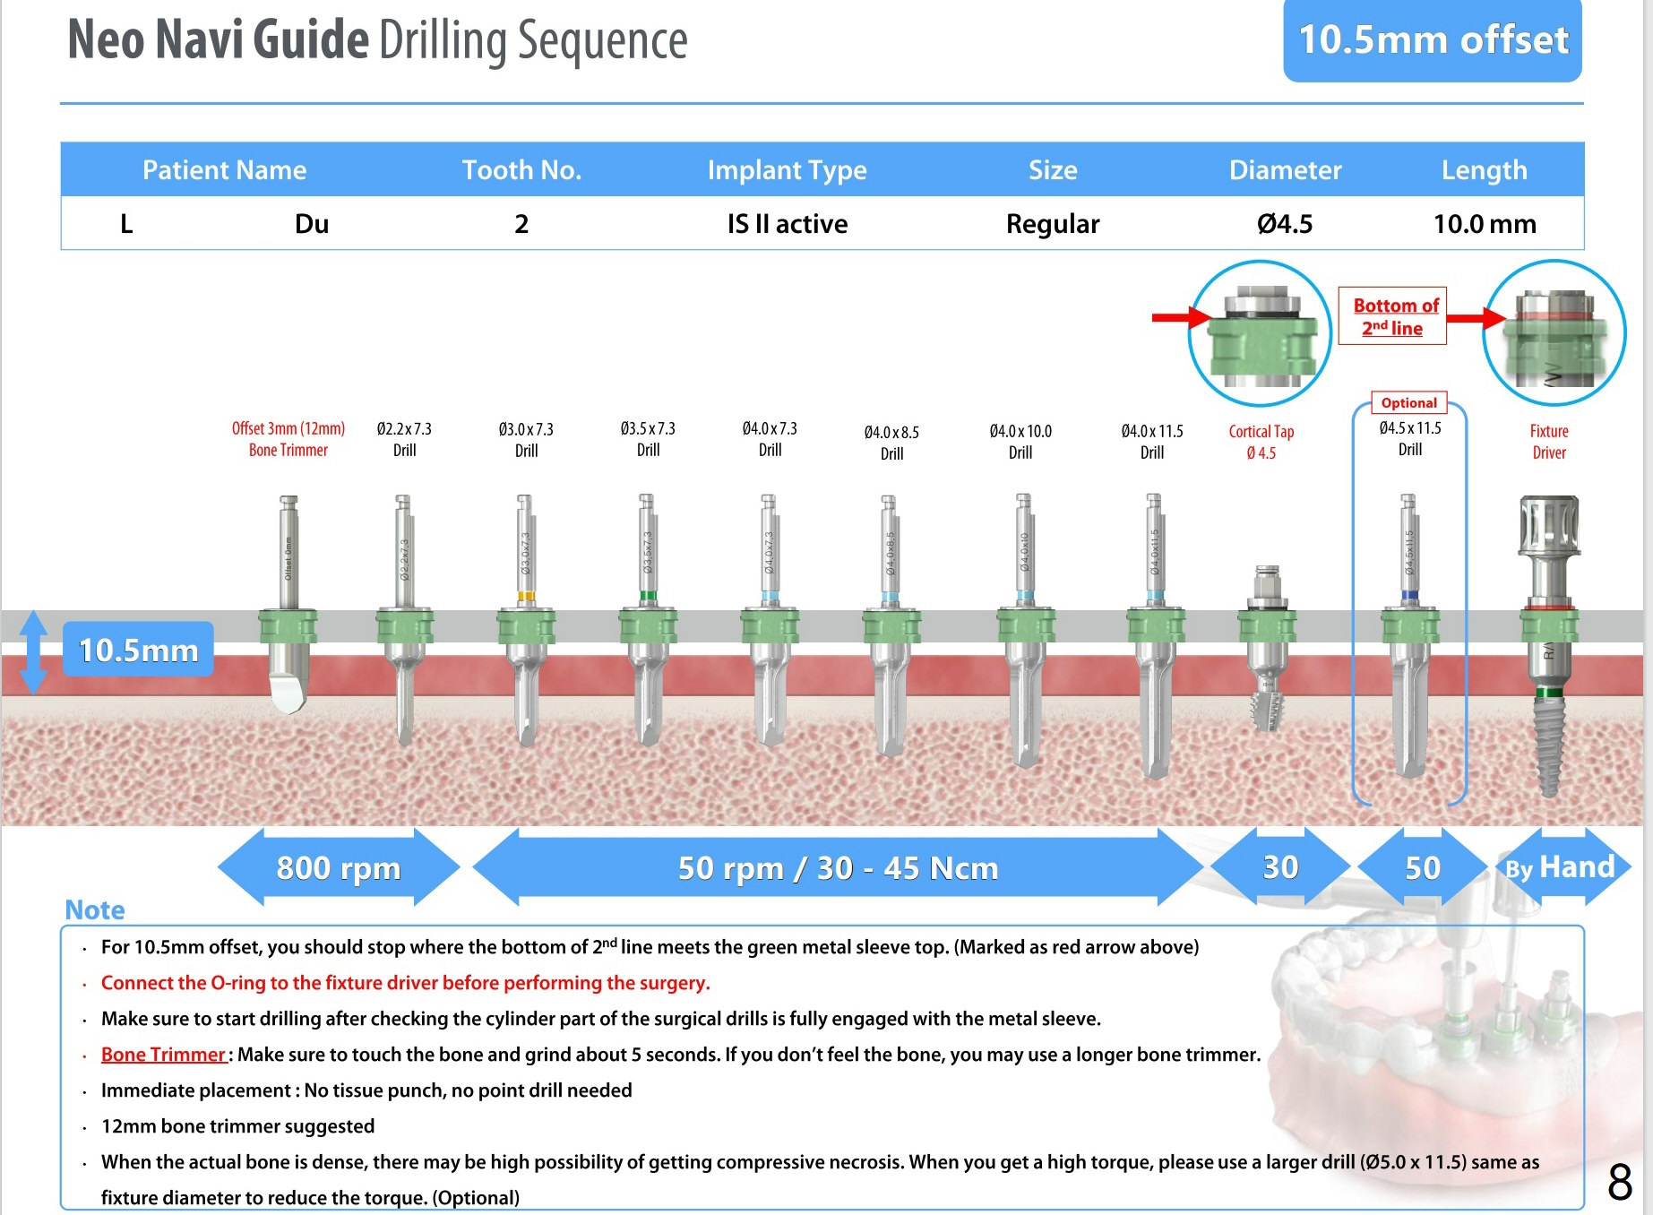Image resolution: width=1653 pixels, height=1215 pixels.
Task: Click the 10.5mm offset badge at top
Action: click(x=1432, y=40)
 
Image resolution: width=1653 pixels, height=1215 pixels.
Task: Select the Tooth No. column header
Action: click(x=521, y=169)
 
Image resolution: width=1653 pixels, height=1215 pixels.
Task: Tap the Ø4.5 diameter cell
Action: click(x=1284, y=223)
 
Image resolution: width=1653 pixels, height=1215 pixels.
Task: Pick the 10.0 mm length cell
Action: click(x=1484, y=223)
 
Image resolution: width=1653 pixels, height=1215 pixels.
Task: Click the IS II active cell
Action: click(x=787, y=223)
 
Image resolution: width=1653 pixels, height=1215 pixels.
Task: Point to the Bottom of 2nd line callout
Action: click(x=1392, y=316)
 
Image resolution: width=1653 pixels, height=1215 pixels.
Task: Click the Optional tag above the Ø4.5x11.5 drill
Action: click(x=1408, y=403)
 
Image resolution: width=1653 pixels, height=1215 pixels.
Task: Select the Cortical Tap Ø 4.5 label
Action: click(x=1261, y=442)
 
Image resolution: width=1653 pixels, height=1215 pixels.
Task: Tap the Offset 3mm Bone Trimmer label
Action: click(x=288, y=439)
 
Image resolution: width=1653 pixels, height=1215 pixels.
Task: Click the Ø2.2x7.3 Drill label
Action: click(x=404, y=439)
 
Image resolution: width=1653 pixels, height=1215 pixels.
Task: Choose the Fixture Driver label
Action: click(x=1548, y=442)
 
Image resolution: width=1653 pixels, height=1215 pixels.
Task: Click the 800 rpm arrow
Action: click(x=338, y=867)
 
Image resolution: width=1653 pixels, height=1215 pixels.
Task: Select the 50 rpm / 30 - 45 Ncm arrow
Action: click(x=837, y=867)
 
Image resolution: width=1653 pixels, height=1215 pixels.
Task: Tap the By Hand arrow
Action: click(x=1561, y=867)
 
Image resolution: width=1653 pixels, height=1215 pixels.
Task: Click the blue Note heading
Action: click(x=95, y=910)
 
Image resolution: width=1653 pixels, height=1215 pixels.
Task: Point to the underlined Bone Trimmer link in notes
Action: click(x=163, y=1055)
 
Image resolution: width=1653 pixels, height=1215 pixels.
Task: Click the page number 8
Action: click(x=1619, y=1183)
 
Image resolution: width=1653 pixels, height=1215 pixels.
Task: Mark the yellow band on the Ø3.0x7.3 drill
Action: click(x=526, y=597)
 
